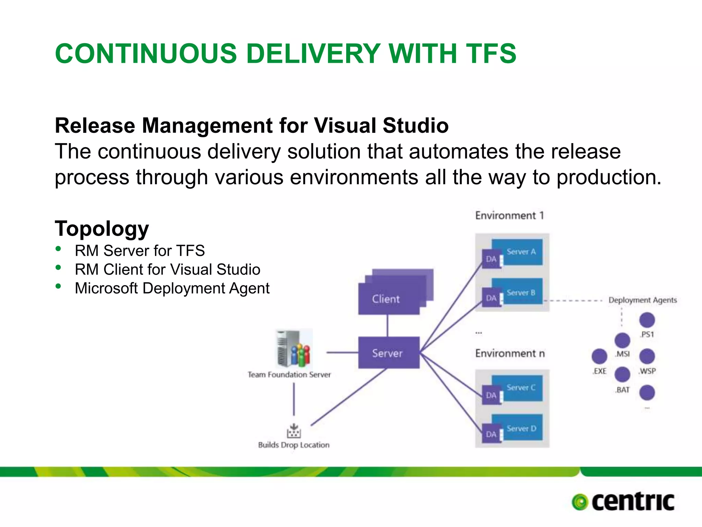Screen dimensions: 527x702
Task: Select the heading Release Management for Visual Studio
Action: tap(252, 126)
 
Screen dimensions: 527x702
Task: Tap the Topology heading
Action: tap(102, 229)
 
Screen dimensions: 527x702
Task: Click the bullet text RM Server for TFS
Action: tap(140, 251)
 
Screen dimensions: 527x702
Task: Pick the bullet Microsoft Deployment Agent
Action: tap(172, 288)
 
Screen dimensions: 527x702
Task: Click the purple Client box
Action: tap(389, 298)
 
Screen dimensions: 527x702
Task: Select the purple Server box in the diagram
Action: tap(389, 353)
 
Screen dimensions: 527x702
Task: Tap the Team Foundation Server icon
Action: tap(294, 349)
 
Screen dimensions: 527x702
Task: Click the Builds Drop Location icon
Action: tap(294, 431)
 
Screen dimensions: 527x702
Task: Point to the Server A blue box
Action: tap(521, 252)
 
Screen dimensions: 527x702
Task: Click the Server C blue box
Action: tap(521, 388)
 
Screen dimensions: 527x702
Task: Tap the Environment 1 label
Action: tap(509, 215)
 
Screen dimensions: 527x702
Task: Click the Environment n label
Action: tap(510, 353)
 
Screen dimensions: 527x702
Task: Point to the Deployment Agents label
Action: tap(642, 300)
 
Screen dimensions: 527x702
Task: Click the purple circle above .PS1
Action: tap(647, 320)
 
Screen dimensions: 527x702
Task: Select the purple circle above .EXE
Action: tap(600, 356)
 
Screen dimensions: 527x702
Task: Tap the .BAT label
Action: tap(622, 390)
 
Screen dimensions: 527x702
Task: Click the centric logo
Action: tap(623, 502)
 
